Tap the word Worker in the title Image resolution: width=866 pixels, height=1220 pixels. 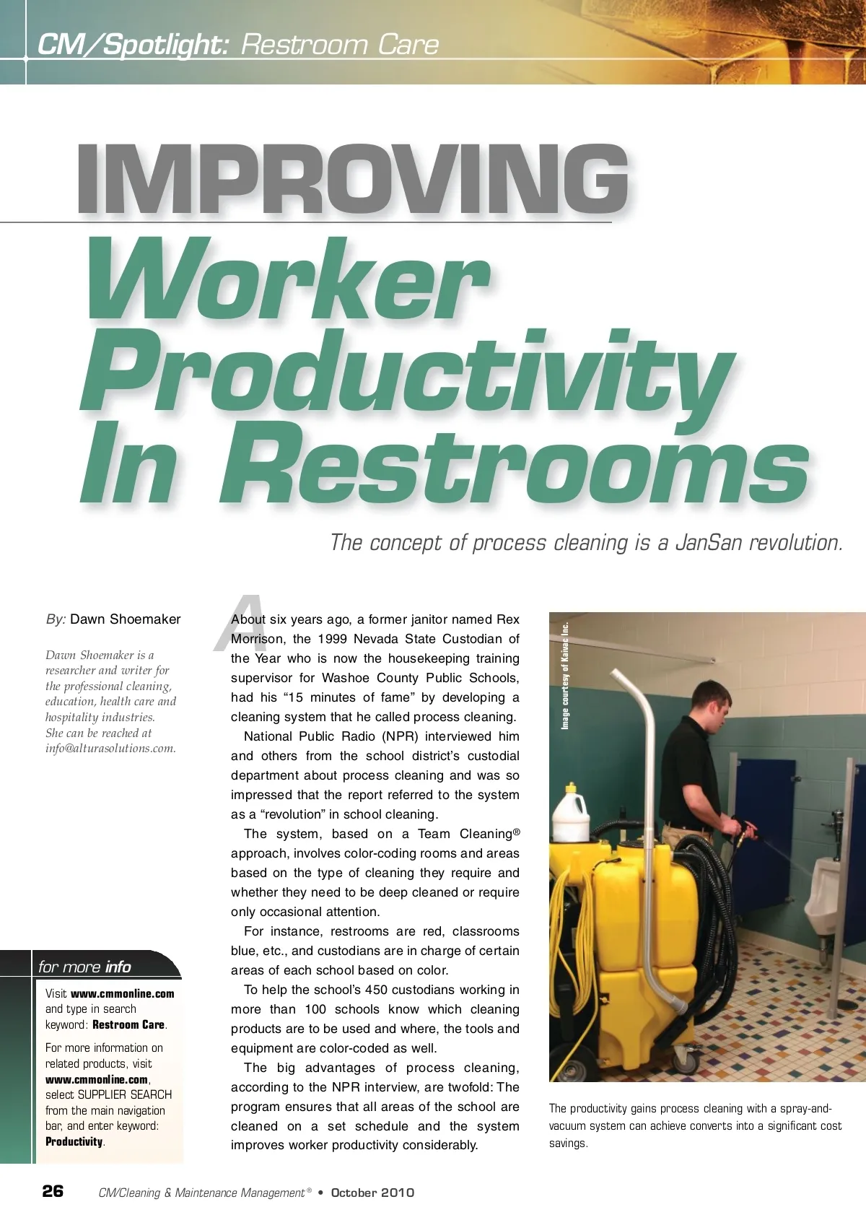tap(289, 282)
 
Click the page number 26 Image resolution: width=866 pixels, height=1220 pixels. tap(53, 1191)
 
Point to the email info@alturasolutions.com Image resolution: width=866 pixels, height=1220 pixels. tap(110, 749)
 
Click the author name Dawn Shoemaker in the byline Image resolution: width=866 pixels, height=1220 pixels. tap(126, 619)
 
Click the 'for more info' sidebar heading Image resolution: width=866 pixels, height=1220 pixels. tap(85, 967)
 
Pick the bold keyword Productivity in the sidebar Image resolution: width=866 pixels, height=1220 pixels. tap(74, 1142)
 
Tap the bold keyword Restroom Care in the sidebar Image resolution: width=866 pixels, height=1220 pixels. tap(128, 1025)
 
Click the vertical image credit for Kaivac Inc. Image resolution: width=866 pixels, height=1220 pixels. tap(565, 675)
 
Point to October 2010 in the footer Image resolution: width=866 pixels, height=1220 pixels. tap(372, 1193)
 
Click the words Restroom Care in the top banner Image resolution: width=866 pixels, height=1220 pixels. tap(339, 45)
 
